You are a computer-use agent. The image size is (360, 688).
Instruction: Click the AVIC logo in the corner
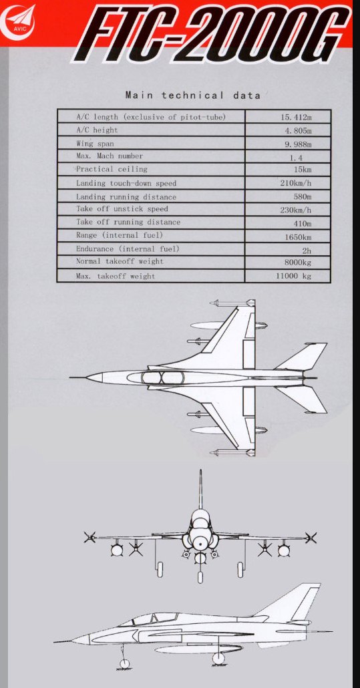tap(19, 22)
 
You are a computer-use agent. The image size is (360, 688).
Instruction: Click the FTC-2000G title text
tap(211, 33)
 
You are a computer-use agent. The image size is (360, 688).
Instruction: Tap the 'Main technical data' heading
tap(193, 96)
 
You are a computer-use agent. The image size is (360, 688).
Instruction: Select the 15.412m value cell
tap(297, 117)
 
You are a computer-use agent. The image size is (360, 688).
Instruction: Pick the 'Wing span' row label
tap(95, 144)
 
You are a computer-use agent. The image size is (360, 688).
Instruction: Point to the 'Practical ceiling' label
tap(112, 170)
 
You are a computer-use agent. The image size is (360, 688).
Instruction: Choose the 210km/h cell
tap(296, 183)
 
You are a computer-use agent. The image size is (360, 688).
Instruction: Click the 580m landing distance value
tap(303, 196)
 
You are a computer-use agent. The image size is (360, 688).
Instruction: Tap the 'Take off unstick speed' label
tap(122, 209)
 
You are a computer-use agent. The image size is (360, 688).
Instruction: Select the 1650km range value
tap(298, 237)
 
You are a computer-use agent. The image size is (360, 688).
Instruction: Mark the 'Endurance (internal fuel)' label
tap(128, 248)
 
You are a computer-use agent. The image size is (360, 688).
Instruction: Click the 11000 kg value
tap(294, 277)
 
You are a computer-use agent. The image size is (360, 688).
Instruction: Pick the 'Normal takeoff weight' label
tap(120, 262)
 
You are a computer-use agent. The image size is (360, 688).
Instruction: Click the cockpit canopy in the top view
tap(162, 378)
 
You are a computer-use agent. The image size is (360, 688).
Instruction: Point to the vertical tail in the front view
tap(200, 490)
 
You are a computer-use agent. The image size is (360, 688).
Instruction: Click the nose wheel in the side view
tap(125, 664)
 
